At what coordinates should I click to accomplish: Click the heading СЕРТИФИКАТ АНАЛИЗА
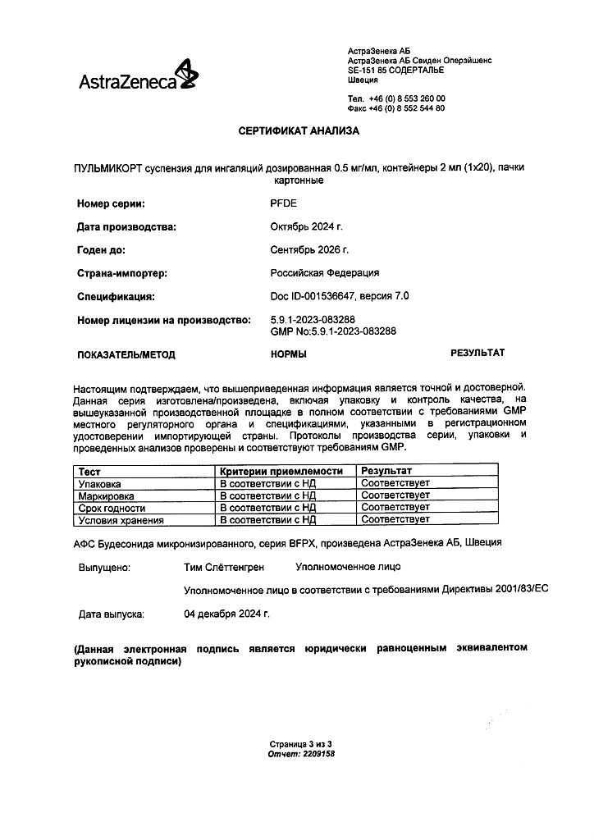[299, 130]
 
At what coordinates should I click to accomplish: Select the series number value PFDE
[283, 203]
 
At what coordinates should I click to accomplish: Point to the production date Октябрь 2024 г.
[306, 226]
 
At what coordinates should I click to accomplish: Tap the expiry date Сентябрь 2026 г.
[309, 249]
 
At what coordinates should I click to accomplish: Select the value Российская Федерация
[325, 273]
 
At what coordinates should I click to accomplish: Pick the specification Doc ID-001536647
[316, 296]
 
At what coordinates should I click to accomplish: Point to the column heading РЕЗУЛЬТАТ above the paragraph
[477, 353]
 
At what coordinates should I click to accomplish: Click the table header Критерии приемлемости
[280, 472]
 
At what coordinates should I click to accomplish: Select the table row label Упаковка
[98, 484]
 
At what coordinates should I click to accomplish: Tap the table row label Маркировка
[105, 496]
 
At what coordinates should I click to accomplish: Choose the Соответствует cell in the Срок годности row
[395, 508]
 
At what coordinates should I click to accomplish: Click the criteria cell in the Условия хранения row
[267, 519]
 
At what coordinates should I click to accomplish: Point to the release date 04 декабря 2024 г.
[227, 614]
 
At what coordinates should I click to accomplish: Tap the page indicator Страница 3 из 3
[301, 743]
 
